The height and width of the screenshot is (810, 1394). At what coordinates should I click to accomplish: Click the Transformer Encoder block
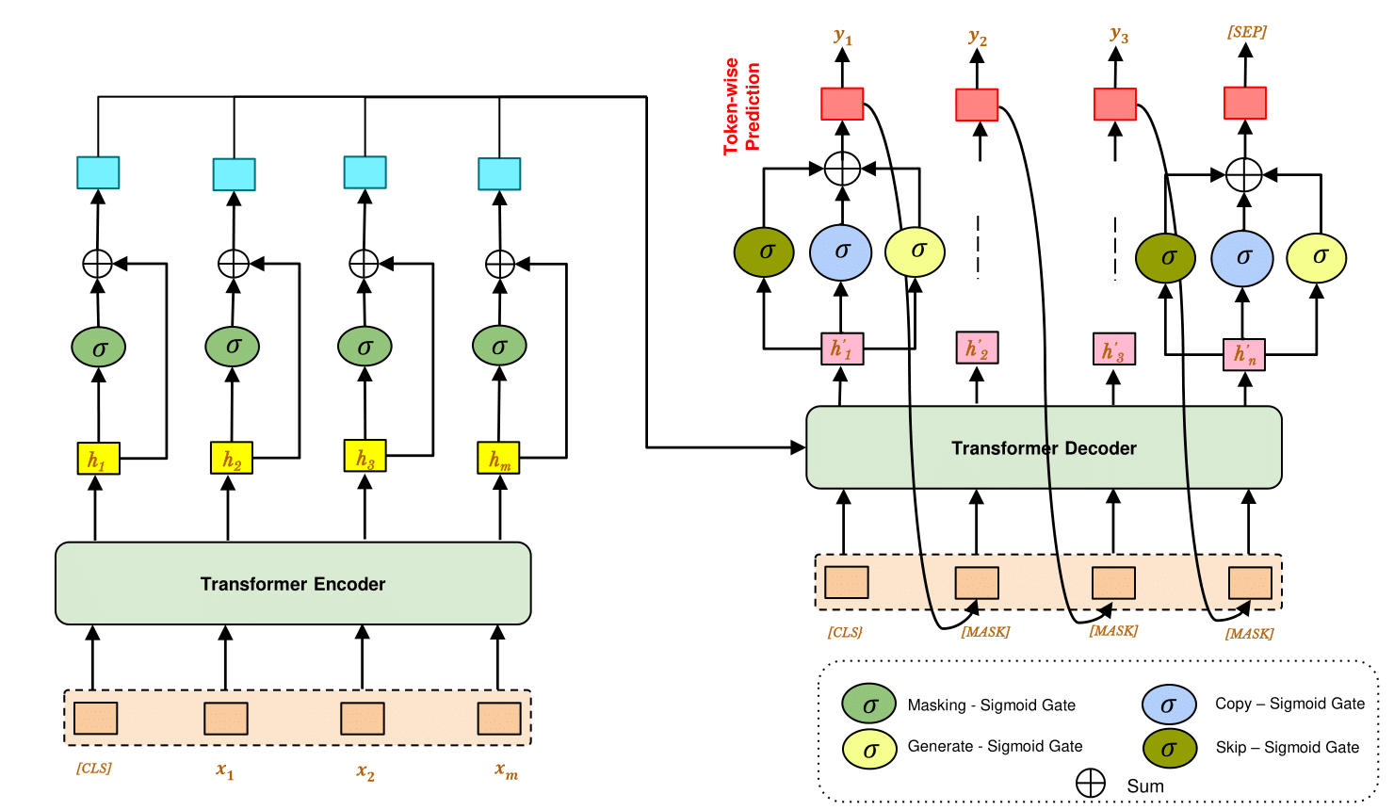point(293,583)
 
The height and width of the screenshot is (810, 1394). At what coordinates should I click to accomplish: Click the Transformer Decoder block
point(1044,447)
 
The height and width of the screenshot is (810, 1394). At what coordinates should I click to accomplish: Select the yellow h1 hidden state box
point(98,459)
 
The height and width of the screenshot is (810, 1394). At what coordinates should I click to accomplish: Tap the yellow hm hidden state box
point(498,459)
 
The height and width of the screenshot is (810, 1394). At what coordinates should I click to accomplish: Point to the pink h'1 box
point(841,348)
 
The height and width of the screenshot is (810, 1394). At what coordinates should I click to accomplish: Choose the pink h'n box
point(1244,354)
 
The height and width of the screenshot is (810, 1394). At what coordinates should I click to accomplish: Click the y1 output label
point(843,38)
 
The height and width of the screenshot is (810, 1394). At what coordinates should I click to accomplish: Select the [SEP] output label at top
point(1246,32)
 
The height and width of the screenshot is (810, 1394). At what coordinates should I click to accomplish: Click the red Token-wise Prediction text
point(741,106)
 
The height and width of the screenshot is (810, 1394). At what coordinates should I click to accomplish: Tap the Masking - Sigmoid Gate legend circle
point(868,704)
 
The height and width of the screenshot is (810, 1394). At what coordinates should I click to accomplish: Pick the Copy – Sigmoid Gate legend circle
point(1169,704)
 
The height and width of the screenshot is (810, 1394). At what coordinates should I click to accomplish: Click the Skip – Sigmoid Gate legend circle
point(1169,748)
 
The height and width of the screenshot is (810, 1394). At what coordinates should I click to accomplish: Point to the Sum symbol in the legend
point(1091,784)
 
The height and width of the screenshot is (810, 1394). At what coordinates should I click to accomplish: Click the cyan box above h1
point(98,172)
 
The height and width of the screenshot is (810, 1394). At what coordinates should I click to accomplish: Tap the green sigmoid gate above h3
point(365,347)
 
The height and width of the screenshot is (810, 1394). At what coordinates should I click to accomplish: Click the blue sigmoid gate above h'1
point(841,251)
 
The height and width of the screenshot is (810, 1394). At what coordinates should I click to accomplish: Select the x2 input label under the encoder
point(365,772)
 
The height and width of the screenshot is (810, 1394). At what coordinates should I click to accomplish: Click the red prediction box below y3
point(1114,104)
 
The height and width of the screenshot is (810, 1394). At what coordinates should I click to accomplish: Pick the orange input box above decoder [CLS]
point(846,582)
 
